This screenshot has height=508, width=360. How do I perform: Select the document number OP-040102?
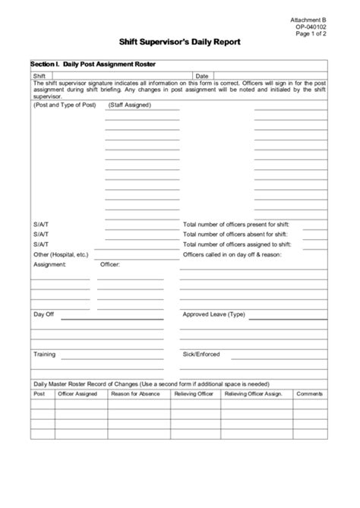(x=313, y=27)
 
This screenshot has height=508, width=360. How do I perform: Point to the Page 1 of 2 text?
(x=313, y=34)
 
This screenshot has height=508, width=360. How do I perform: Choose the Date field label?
(x=202, y=77)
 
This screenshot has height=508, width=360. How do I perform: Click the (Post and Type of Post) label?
(x=65, y=105)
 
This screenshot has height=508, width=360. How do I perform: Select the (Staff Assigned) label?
(x=130, y=105)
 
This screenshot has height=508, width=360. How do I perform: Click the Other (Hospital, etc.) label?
(x=62, y=254)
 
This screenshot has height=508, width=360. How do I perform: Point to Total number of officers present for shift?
(x=242, y=226)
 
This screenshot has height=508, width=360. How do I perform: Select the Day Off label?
(x=44, y=314)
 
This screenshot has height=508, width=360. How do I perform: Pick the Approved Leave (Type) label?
(x=214, y=314)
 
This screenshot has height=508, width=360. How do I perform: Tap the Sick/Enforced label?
(x=201, y=354)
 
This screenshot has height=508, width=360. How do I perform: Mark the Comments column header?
(x=309, y=394)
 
